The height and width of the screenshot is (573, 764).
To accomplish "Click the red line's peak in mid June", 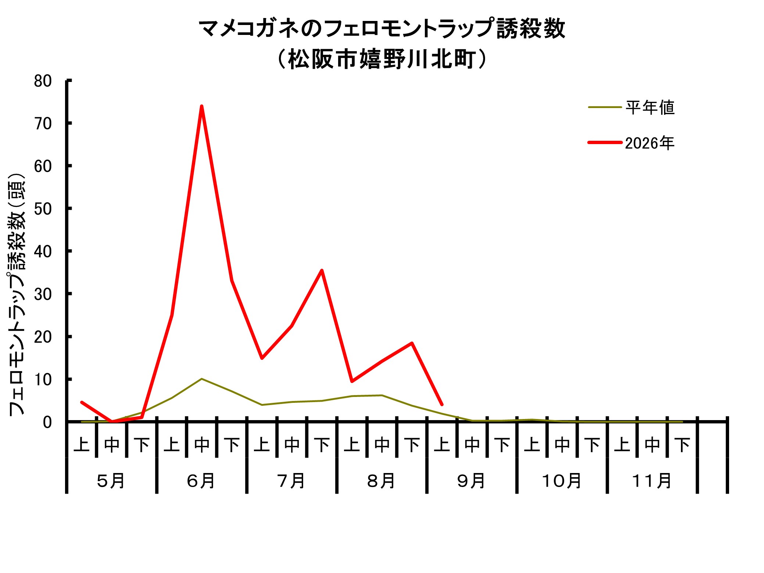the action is coord(202,106).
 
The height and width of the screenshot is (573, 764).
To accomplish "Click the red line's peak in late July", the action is coord(322,271).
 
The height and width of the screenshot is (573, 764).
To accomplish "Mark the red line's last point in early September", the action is coord(442,404).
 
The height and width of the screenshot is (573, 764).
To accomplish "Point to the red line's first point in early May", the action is coord(82,402).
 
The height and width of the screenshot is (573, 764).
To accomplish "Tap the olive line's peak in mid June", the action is coord(202,379).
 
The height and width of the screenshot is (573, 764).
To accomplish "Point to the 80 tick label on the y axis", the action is coord(43,81).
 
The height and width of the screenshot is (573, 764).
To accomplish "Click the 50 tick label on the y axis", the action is coord(43,209).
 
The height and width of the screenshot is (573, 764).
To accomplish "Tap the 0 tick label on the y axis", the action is coord(47,422).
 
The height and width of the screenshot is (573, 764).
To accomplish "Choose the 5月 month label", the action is coord(111,481).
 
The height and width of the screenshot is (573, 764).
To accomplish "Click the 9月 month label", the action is coord(471,481).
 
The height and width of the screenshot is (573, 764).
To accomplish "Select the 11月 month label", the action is coord(652,481).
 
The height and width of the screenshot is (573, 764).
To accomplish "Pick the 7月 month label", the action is coord(291,481).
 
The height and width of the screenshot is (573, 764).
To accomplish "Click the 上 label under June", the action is coord(172,445).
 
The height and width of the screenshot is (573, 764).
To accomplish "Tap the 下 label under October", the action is coord(592,445).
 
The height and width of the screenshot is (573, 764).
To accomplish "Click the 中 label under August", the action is coord(382,445).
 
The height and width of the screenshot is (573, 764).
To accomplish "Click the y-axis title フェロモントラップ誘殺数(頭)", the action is coord(17,294).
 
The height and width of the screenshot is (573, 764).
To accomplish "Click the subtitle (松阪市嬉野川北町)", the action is coord(382,59).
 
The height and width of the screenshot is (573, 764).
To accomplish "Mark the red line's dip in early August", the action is coord(352,381).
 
